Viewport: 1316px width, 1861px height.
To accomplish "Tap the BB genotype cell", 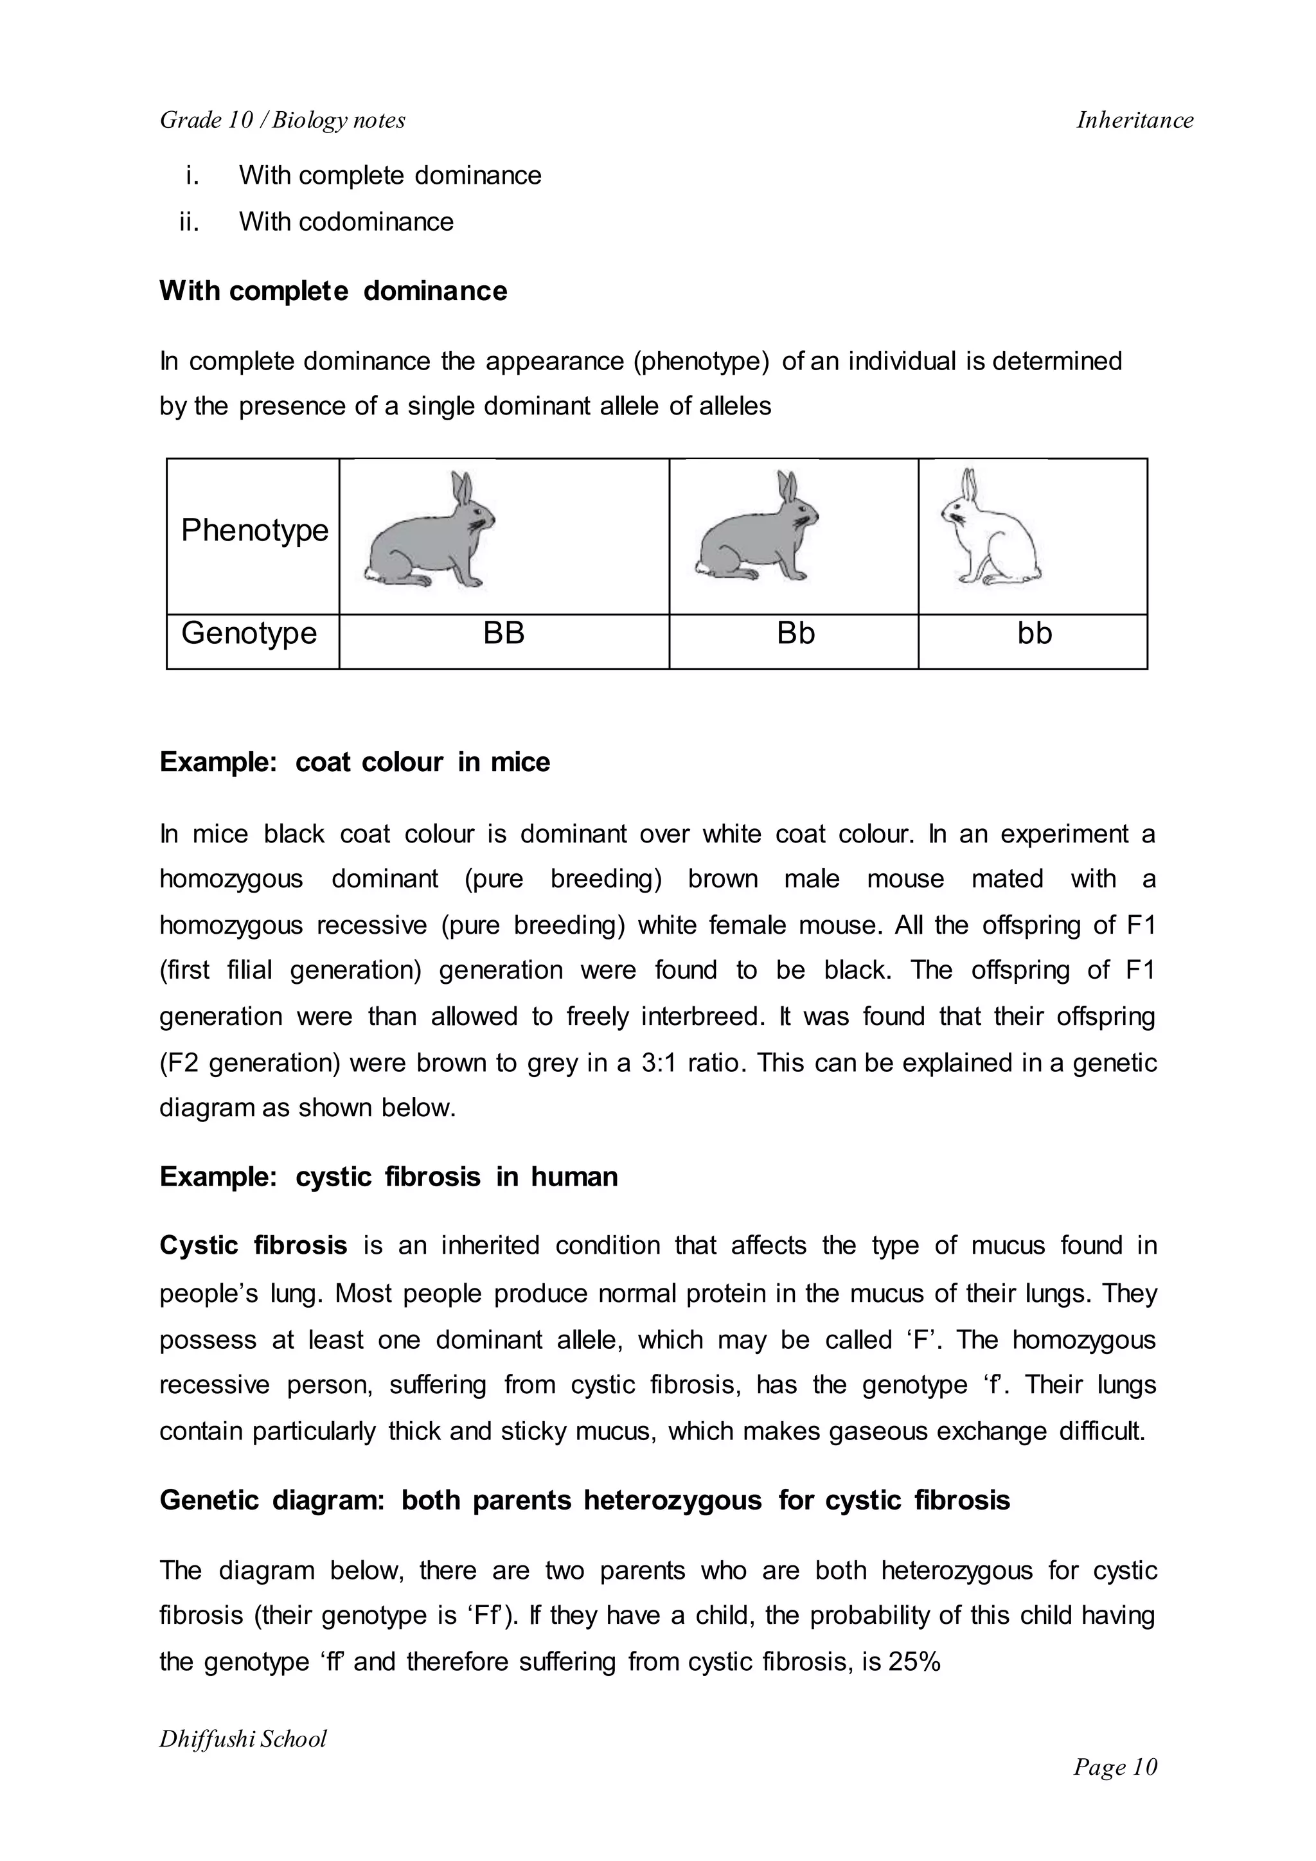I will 503,633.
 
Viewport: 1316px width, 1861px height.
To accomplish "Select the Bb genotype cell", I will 795,633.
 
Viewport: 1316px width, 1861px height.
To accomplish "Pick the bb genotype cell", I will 1034,633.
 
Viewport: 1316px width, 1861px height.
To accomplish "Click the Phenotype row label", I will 254,530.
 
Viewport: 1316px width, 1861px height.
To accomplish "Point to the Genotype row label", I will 249,633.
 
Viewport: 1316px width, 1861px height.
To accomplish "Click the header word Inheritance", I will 1135,120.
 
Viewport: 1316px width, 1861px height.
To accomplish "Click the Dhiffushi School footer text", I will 243,1739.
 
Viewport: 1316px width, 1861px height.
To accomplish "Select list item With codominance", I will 346,221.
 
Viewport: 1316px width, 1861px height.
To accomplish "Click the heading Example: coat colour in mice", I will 354,762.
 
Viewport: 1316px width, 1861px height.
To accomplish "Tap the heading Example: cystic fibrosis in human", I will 388,1176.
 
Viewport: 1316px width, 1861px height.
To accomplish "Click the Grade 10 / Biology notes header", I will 283,120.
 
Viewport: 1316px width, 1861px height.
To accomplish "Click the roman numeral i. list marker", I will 192,175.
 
